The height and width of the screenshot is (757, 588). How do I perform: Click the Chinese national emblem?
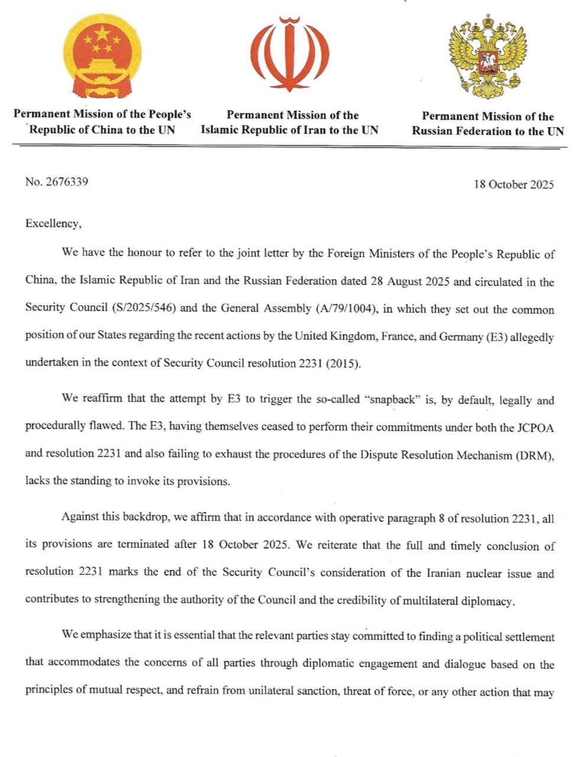(102, 56)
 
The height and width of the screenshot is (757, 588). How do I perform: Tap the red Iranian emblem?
(290, 54)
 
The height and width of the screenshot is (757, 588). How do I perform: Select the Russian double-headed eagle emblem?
(488, 57)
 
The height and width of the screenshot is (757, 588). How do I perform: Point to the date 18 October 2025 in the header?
(514, 185)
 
